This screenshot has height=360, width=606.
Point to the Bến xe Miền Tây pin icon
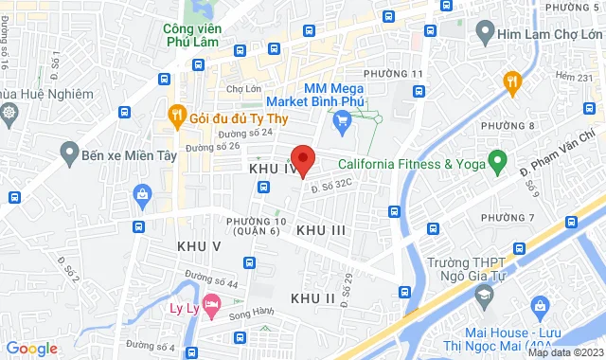tap(68, 152)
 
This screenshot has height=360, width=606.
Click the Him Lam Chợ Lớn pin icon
tap(484, 34)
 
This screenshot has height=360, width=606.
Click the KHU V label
tap(199, 246)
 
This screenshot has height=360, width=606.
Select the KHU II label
tap(313, 298)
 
